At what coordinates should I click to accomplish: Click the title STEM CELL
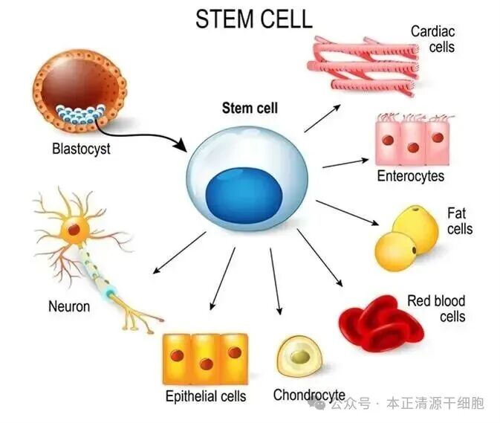tap(253, 19)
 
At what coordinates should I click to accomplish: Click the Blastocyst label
tap(81, 149)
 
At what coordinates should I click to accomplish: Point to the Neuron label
tap(69, 306)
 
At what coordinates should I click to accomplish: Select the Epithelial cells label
tap(206, 396)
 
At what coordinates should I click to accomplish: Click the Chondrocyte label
tap(309, 395)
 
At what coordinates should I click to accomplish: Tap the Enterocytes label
tap(410, 176)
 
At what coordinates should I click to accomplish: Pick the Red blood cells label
tap(436, 309)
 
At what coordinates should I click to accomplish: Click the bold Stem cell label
tap(250, 109)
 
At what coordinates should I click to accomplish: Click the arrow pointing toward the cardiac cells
tap(322, 118)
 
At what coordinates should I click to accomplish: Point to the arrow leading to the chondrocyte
tap(276, 282)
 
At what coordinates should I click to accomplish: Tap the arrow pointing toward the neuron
tap(178, 252)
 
